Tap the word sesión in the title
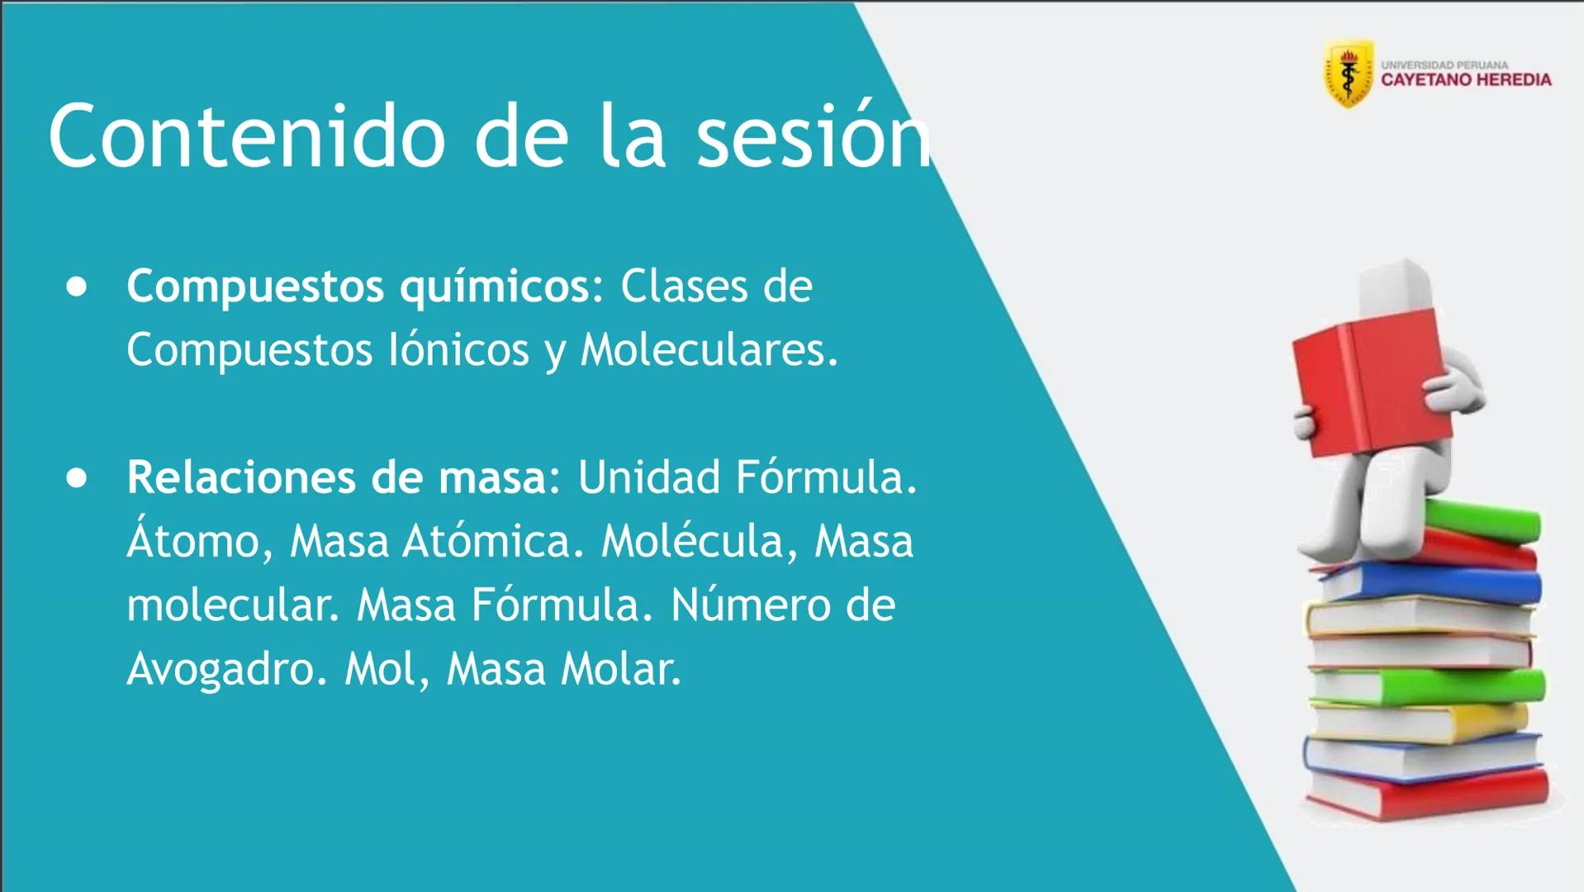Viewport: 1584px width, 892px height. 813,136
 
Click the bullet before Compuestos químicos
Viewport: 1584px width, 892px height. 77,287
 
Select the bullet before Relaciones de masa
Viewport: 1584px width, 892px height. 77,478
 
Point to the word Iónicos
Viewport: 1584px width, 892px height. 459,350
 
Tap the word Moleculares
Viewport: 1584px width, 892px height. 709,350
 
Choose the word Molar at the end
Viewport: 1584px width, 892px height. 621,669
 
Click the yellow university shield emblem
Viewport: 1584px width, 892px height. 1349,73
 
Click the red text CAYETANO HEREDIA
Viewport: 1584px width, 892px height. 1466,80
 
